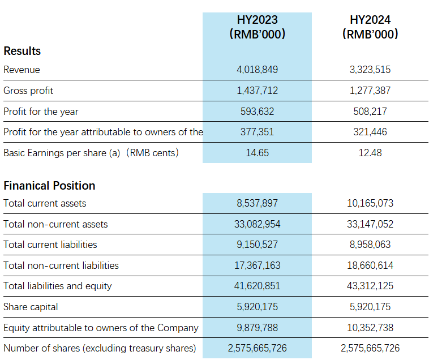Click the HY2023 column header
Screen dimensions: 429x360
257,27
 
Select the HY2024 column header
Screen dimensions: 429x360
370,27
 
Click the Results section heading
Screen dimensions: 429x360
22,51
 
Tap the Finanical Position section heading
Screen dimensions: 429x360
49,186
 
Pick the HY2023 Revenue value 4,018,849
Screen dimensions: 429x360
257,70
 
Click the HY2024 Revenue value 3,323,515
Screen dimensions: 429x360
370,70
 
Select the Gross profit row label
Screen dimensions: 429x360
28,91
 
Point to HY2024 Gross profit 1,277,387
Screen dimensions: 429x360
370,91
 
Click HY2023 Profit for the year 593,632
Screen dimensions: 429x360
257,112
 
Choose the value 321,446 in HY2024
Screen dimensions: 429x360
370,132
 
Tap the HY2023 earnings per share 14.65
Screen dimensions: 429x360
257,153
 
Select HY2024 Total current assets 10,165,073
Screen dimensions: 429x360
370,203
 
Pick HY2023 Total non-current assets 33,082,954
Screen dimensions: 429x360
257,224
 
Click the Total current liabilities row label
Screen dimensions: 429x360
50,245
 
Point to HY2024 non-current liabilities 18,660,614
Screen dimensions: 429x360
370,265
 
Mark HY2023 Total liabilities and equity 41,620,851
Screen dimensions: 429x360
257,286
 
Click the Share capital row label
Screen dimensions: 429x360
31,307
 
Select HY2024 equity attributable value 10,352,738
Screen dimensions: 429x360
370,327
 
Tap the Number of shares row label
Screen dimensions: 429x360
100,348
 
